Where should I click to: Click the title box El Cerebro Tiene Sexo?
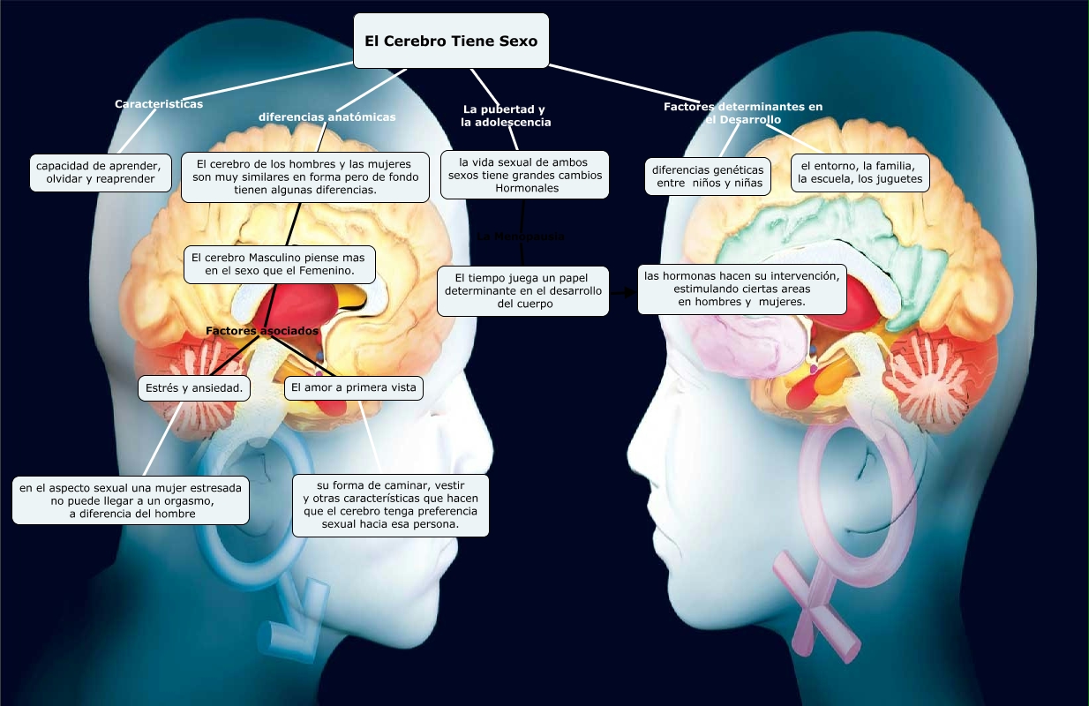pos(451,41)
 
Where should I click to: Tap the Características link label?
pos(159,104)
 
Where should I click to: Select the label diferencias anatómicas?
pos(327,116)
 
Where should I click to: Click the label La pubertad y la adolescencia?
pos(506,116)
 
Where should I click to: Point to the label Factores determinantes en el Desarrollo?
pos(743,113)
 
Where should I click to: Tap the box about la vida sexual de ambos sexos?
pos(524,175)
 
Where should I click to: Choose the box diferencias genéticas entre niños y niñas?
pos(708,176)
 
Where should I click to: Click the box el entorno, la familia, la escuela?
pos(860,172)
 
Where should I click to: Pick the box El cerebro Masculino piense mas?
pos(279,264)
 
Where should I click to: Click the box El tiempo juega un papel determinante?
pos(522,290)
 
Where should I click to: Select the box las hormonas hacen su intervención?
pos(742,289)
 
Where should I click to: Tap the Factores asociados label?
pos(261,331)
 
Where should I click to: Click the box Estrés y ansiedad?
pos(194,387)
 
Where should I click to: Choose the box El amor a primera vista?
pos(353,387)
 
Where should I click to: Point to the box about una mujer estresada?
pos(131,500)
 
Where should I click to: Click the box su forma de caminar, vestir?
pos(390,505)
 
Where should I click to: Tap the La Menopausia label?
pos(520,237)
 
